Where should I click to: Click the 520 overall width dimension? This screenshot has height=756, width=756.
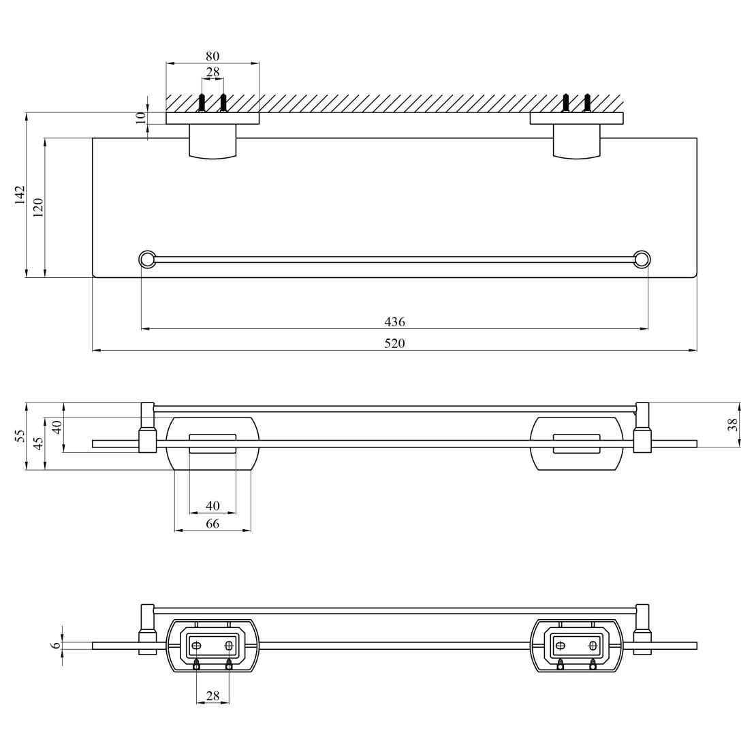pos(394,343)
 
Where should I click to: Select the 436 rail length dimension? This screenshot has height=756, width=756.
pos(394,321)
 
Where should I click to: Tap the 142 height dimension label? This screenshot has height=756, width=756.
pos(19,195)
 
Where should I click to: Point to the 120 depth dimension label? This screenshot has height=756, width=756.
pos(39,207)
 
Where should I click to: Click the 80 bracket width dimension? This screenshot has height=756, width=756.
pos(212,56)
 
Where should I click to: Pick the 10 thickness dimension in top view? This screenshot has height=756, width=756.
pos(140,118)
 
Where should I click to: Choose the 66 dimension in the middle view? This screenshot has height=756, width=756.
pos(212,523)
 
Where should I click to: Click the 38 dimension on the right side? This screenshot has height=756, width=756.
pos(732,424)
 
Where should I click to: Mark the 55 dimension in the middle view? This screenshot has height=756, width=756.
pos(19,436)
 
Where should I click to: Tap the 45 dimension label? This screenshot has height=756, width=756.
pos(39,442)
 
